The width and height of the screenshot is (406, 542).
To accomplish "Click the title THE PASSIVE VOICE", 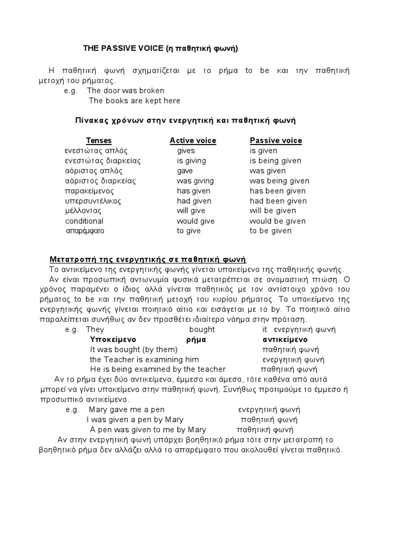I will point(161,49).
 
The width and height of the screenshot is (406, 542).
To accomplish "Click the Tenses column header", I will point(99,140).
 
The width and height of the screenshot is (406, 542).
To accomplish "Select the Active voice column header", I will point(192,140).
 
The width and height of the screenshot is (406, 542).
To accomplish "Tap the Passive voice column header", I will point(275,140).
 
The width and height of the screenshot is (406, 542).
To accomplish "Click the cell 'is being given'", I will point(275,160).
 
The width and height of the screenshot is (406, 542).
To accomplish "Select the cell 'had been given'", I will point(278,201).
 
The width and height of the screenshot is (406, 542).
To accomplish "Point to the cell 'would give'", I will point(195,221).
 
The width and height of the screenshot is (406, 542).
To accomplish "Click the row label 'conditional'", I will point(84,221).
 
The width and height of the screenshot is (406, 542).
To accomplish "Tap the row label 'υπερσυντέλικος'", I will point(93,201).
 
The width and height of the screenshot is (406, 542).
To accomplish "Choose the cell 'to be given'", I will point(271,231).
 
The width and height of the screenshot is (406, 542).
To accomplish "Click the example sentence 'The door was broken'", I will point(126,91).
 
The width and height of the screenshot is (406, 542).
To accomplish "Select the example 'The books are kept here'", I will point(134,101).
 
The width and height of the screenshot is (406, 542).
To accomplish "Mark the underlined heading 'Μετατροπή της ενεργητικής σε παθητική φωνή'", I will point(148,259).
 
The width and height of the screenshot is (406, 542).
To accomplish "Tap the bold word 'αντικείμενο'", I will point(285,339).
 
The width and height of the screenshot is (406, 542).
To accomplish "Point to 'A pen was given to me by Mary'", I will point(148,430).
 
